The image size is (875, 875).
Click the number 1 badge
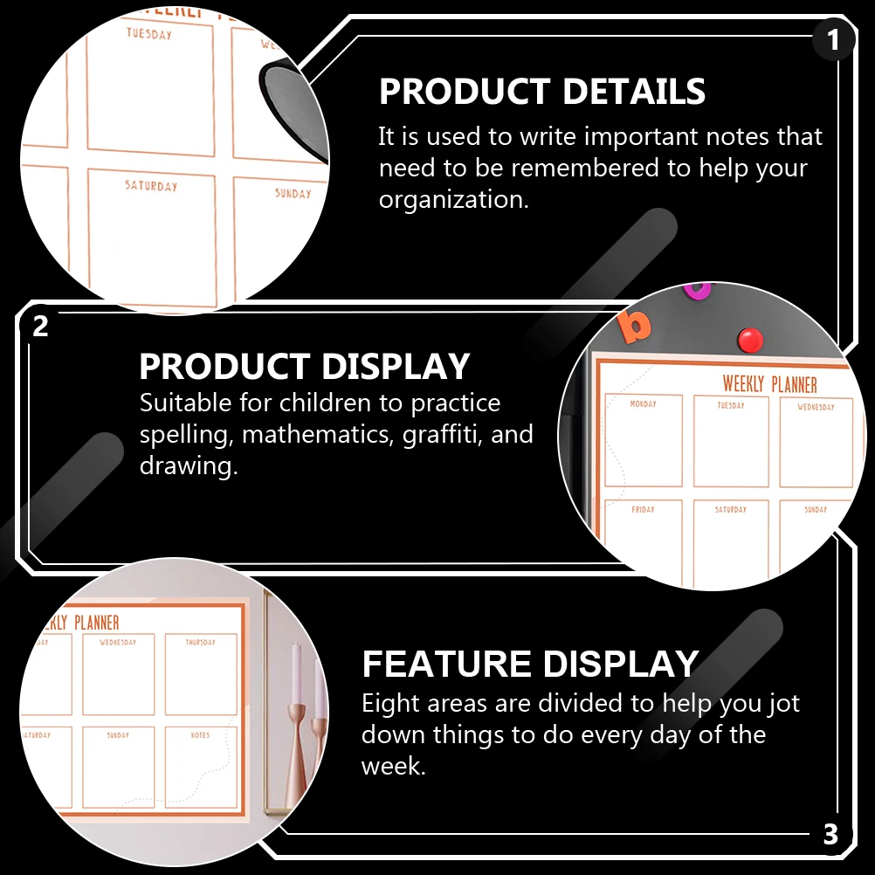click(832, 40)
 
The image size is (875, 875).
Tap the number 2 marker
click(40, 327)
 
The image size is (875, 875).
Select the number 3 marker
click(830, 834)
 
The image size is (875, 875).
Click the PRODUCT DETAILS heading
click(542, 92)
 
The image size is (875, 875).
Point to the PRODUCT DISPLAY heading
click(305, 367)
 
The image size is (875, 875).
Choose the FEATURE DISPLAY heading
click(530, 664)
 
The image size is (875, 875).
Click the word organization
click(453, 200)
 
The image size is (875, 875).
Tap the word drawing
click(189, 466)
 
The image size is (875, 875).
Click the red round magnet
click(750, 339)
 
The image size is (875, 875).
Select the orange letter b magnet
click(635, 325)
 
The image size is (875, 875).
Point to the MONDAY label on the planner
click(643, 404)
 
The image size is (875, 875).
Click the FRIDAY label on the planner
click(643, 509)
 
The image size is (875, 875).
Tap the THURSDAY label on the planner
click(200, 642)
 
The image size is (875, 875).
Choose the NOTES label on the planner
click(200, 735)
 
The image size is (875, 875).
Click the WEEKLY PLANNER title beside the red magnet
click(769, 384)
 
